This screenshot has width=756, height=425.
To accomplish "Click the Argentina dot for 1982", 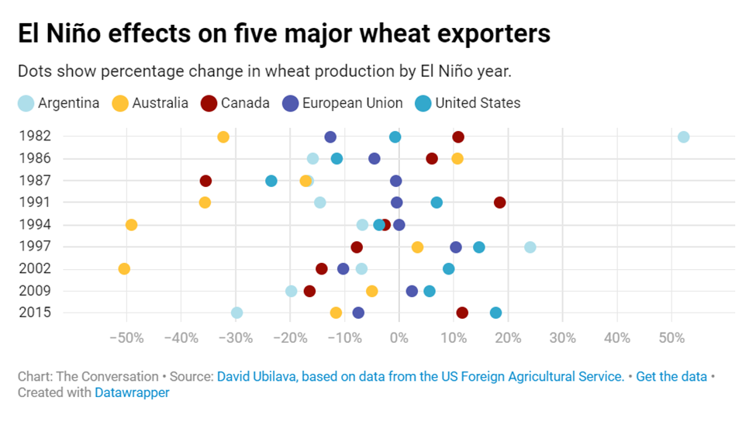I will pyautogui.click(x=683, y=137).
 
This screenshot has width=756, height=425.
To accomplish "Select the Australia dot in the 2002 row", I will pyautogui.click(x=124, y=269).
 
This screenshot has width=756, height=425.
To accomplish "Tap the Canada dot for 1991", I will pyautogui.click(x=499, y=202).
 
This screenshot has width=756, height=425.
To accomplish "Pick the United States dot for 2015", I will pyautogui.click(x=495, y=313).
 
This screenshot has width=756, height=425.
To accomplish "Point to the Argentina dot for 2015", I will pyautogui.click(x=236, y=313).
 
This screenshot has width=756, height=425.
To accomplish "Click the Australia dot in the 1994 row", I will pyautogui.click(x=131, y=225).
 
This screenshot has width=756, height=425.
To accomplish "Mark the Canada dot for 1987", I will pyautogui.click(x=205, y=181).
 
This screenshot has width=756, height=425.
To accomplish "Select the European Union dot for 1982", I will pyautogui.click(x=330, y=137).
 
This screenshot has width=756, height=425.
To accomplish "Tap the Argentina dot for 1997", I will pyautogui.click(x=530, y=247).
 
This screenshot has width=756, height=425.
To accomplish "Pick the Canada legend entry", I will pyautogui.click(x=235, y=103).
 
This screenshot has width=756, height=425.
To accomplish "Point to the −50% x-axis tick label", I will pyautogui.click(x=127, y=338).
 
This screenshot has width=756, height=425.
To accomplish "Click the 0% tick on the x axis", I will pyautogui.click(x=399, y=338).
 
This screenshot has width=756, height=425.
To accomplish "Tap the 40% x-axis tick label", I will pyautogui.click(x=617, y=338).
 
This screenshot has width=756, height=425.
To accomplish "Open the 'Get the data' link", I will pyautogui.click(x=671, y=376).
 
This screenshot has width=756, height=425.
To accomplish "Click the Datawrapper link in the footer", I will pyautogui.click(x=132, y=392).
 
